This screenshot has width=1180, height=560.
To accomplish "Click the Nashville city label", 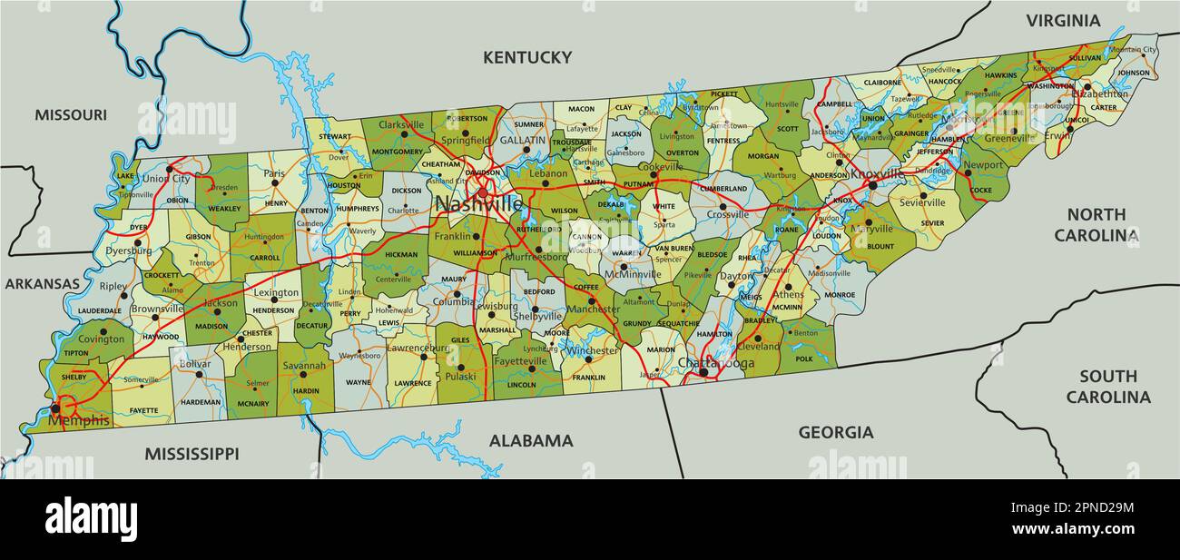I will tap(479, 205).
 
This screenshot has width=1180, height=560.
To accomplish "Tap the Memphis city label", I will tap(79, 421).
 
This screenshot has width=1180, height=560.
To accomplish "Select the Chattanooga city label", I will tap(716, 363).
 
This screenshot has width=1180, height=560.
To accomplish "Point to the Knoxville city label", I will tap(876, 173).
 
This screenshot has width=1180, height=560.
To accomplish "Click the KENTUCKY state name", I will tap(527, 57).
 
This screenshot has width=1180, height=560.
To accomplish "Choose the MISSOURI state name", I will tap(71, 114).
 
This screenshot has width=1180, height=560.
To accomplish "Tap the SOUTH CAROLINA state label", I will tap(1107, 387).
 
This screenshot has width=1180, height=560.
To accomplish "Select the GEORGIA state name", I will tap(835, 433).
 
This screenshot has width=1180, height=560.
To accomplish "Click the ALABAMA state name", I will tap(531, 441).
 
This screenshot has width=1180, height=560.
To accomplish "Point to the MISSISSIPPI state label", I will tap(192, 453).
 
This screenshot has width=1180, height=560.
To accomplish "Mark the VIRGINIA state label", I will tap(1063, 20).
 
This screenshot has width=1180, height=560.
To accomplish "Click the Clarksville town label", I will tap(401, 124).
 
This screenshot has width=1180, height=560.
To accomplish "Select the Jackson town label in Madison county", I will tap(221, 303).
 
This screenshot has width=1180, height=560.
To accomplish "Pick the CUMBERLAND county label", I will tap(723, 189).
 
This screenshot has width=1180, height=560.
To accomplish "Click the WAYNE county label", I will tap(359, 383).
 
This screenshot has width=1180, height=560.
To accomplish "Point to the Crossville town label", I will tap(728, 215).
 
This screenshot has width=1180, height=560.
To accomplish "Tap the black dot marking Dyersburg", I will tap(137, 243).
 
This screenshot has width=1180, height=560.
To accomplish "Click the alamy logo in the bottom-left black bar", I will tap(91, 519).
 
